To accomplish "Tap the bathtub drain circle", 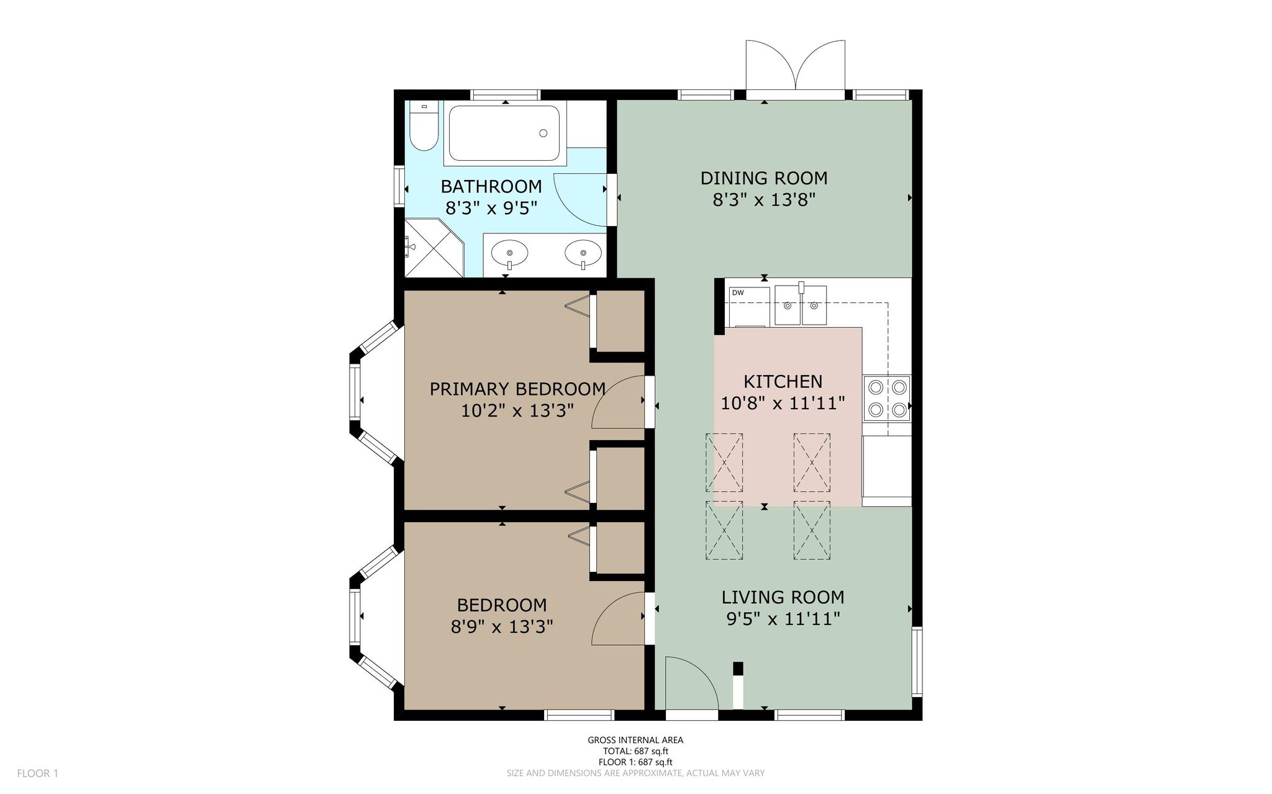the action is coord(543,133).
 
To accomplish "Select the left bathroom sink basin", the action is coord(509,253).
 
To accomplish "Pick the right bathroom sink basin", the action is coord(583,253).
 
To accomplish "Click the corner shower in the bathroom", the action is coord(434,248).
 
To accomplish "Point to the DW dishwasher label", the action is coord(738,292).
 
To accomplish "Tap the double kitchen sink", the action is coord(801,305).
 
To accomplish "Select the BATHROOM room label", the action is coord(491,186).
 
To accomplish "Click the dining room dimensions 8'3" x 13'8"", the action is coord(764,200).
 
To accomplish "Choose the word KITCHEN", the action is coord(783,381).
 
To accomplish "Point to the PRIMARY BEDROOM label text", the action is coord(517,389).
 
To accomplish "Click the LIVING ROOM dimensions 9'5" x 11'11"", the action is coord(783,619).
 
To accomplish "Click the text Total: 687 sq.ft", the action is coord(635,751).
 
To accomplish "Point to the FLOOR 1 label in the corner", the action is coord(37,774).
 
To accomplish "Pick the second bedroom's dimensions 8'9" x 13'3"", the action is coord(502,626).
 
